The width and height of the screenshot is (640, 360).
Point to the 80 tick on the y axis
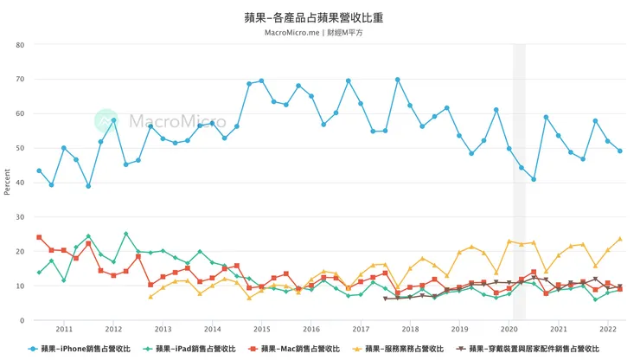tap(20, 45)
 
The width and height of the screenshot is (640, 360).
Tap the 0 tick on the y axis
tap(22, 321)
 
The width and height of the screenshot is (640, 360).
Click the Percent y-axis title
tap(8, 183)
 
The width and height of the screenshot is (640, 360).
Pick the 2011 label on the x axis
tap(65, 330)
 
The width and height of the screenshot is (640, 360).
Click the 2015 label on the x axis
tap(262, 330)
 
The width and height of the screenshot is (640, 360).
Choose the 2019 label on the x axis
tap(460, 330)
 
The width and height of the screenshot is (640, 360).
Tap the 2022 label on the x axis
tap(608, 330)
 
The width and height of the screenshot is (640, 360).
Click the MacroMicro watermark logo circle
tap(106, 121)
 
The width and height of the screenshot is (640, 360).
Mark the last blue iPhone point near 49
tap(620, 151)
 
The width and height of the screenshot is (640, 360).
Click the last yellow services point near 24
tap(620, 239)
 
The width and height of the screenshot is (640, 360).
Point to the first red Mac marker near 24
tap(39, 237)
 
